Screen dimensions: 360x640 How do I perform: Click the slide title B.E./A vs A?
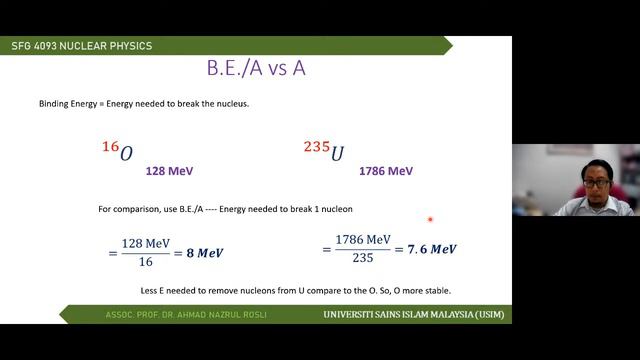pos(257,70)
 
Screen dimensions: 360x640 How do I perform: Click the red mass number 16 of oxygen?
pos(110,147)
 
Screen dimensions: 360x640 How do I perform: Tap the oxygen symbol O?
pos(126,154)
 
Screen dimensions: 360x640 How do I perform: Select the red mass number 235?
pos(316,147)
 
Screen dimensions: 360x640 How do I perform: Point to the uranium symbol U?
pos(338,154)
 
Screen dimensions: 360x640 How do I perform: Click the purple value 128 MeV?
pos(169,171)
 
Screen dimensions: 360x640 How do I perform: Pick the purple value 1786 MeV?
pos(386,171)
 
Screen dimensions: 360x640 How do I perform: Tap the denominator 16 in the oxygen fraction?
pos(145,262)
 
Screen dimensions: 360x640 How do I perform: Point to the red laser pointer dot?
pos(430,219)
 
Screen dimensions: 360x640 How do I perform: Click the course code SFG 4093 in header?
pos(39,45)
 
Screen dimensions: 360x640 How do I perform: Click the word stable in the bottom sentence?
pos(436,290)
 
